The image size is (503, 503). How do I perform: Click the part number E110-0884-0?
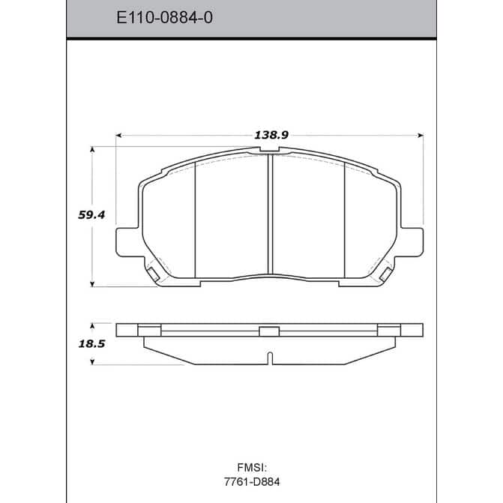tap(164, 17)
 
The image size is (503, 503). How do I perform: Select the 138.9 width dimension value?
tap(271, 135)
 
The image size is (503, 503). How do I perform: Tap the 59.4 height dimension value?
tap(91, 215)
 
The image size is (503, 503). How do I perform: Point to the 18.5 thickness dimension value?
tap(91, 344)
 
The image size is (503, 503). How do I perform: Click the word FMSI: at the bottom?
tap(252, 467)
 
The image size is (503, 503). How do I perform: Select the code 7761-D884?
tap(252, 482)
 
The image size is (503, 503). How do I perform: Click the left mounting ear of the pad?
tap(127, 242)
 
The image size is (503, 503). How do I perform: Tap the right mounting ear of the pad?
tap(412, 242)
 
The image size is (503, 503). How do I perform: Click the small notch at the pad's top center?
tap(269, 149)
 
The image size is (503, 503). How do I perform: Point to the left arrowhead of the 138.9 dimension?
tap(118, 136)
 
